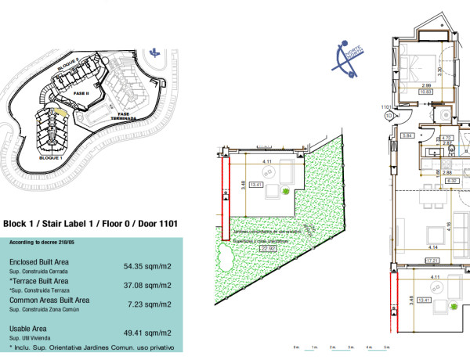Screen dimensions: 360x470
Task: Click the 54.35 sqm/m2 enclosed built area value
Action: pyautogui.click(x=147, y=266)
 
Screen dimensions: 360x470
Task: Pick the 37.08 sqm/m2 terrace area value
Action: pyautogui.click(x=147, y=285)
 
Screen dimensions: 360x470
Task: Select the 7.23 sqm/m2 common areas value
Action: pyautogui.click(x=150, y=304)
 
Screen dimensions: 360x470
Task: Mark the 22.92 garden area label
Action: pyautogui.click(x=269, y=249)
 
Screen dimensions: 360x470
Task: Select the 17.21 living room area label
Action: pyautogui.click(x=430, y=259)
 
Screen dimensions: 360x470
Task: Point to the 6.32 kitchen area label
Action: pyautogui.click(x=451, y=180)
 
